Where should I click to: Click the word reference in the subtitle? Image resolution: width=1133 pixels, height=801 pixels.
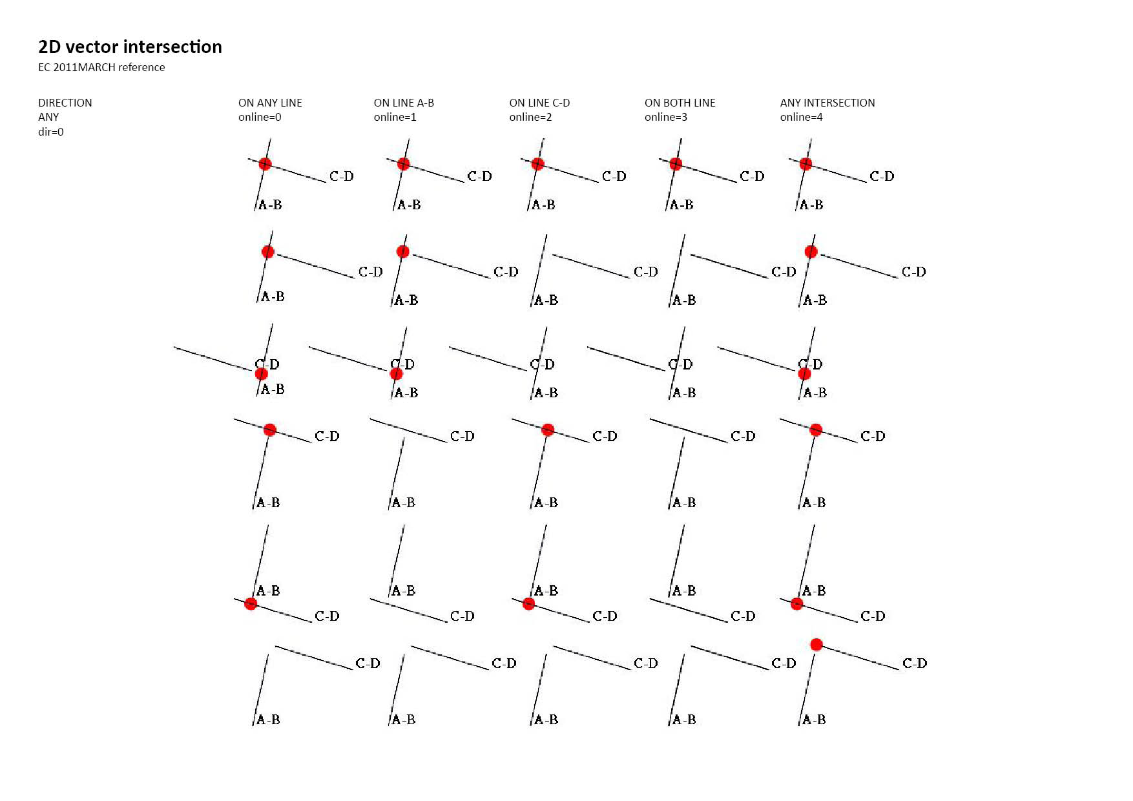pos(141,67)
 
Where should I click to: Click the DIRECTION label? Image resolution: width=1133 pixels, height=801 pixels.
pos(65,103)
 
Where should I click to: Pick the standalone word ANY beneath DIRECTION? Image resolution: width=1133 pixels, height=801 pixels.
pos(48,117)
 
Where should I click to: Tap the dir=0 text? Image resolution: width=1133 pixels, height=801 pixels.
pos(51,132)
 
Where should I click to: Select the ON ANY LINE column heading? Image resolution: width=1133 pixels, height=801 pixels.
pos(270,103)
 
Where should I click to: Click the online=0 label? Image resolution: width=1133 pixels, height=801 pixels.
pos(260,117)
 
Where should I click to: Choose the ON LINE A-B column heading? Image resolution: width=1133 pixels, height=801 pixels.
pos(404,103)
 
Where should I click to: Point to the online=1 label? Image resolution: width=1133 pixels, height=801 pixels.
pos(395,117)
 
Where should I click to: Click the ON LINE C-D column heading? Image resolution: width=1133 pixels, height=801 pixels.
pos(539,103)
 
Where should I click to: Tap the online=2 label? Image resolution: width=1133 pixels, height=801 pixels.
pos(530,117)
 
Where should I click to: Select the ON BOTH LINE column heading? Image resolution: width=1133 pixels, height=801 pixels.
pos(680,103)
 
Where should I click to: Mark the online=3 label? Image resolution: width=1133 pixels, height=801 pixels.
pos(666,117)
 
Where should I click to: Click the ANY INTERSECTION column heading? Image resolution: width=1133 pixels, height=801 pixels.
pos(827,103)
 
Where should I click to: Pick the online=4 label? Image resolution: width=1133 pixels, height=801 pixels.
pos(801,117)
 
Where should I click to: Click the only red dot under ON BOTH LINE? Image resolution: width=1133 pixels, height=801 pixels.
pos(676,164)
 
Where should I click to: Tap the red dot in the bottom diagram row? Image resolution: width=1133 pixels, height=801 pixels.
pos(816,644)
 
